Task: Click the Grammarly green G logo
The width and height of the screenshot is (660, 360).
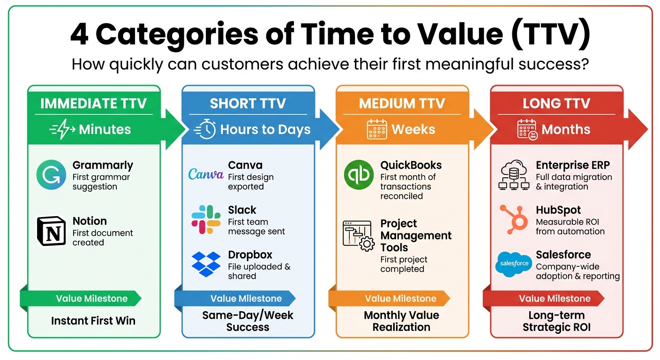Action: [51, 175]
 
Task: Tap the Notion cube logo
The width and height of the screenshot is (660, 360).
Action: [51, 231]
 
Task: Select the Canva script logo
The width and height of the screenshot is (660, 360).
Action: [205, 174]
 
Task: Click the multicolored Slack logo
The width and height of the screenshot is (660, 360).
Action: [206, 219]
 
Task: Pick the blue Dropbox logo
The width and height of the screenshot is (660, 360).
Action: [206, 264]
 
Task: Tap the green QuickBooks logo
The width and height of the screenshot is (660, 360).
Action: [359, 175]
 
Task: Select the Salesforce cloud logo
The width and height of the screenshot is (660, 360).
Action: [513, 264]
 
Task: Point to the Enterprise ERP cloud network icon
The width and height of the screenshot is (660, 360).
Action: [513, 175]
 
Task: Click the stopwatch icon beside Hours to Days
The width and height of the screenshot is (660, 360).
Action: [205, 129]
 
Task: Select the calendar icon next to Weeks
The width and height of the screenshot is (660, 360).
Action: [376, 129]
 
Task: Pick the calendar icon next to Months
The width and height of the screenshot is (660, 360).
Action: [527, 129]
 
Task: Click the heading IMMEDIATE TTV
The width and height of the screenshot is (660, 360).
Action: [93, 104]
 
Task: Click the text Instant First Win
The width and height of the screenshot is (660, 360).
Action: [93, 321]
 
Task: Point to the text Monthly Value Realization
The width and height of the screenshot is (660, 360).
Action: [401, 321]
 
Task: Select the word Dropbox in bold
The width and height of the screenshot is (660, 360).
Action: [250, 255]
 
